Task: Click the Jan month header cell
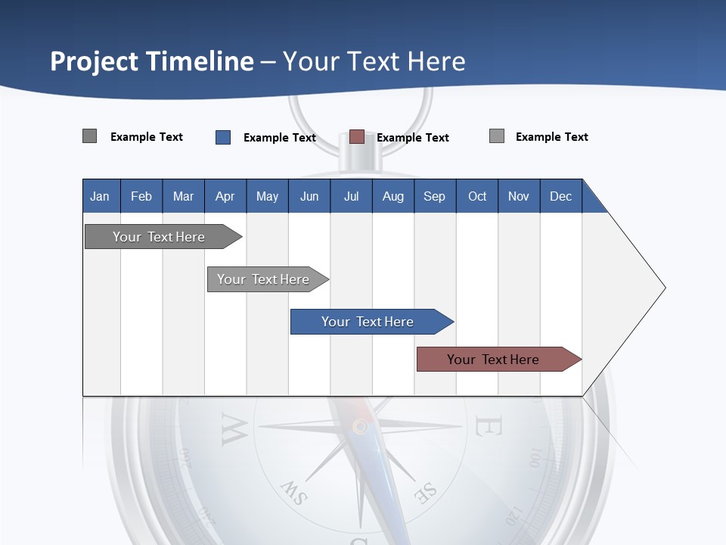pos(100,196)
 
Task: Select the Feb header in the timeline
pos(141,196)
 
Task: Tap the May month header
pos(267,196)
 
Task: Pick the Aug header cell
pos(393,196)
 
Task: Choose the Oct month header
pos(477,196)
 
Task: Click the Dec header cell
pos(560,196)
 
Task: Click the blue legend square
pos(223,137)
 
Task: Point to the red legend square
pos(357,137)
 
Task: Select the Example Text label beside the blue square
pos(279,138)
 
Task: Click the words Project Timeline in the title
pos(152,61)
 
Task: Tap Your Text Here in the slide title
pos(374,61)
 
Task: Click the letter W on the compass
pos(234,429)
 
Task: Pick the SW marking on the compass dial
pos(294,493)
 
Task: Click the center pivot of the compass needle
pos(361,427)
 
